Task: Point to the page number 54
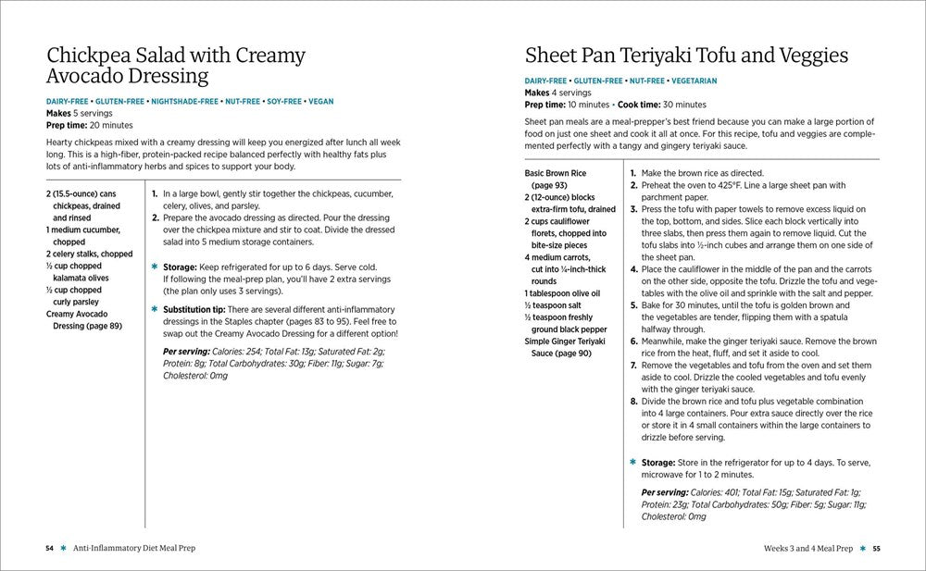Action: click(x=50, y=548)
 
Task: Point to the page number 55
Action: click(x=876, y=548)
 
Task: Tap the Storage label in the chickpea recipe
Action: click(x=181, y=266)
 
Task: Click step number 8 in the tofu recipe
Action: click(x=633, y=402)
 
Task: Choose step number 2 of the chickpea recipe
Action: click(x=156, y=217)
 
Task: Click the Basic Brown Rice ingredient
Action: click(x=555, y=173)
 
